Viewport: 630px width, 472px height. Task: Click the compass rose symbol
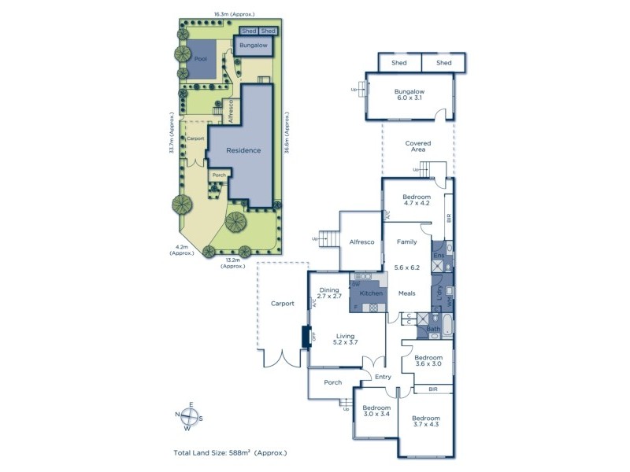[x=187, y=418]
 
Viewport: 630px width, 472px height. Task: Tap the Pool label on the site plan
[x=201, y=59]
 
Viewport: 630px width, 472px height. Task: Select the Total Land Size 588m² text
[x=231, y=453]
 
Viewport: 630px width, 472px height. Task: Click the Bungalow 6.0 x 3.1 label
[x=408, y=94]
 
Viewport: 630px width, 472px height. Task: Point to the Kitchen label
[x=371, y=293]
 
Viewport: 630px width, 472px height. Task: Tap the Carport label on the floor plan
[x=282, y=303]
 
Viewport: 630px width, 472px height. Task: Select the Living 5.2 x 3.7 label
[x=346, y=338]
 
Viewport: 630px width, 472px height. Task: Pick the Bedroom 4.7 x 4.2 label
[x=417, y=200]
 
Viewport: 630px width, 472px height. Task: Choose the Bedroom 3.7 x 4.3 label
[x=426, y=421]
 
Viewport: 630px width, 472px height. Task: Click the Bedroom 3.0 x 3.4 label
[x=376, y=412]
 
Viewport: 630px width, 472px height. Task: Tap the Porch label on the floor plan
[x=332, y=384]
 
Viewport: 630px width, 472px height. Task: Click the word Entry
[x=383, y=377]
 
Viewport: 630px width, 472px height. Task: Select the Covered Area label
[x=417, y=147]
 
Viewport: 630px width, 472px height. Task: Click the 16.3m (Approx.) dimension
[x=228, y=13]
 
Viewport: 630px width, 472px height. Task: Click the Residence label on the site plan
[x=243, y=149]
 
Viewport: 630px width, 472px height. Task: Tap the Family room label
[x=407, y=242]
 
